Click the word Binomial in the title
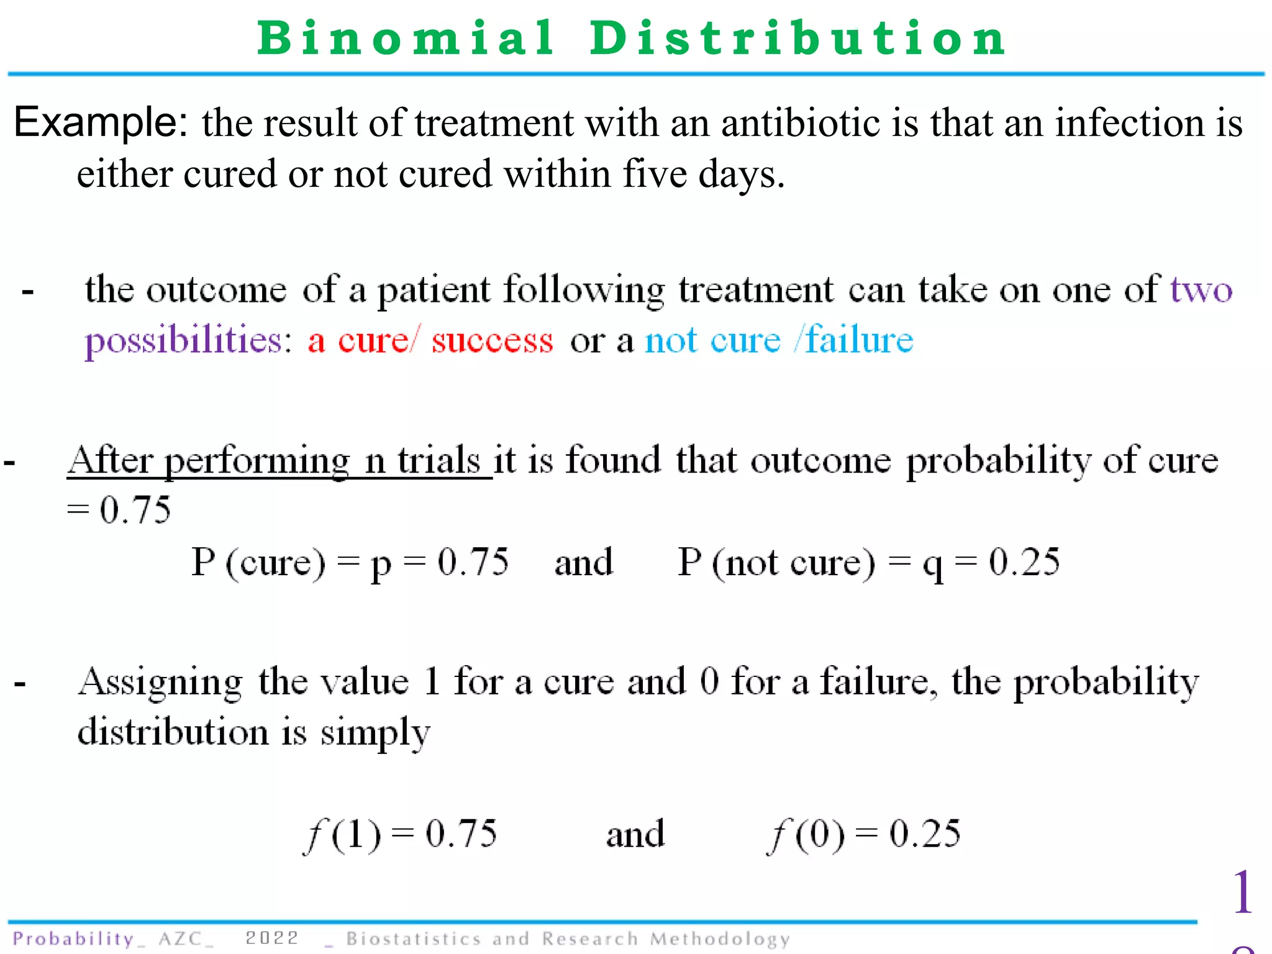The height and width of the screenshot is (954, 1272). pyautogui.click(x=406, y=39)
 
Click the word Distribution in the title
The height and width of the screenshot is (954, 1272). pyautogui.click(x=797, y=39)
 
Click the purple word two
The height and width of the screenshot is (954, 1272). pyautogui.click(x=1201, y=290)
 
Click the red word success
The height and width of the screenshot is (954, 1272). pyautogui.click(x=492, y=341)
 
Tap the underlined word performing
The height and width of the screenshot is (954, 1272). pyautogui.click(x=258, y=462)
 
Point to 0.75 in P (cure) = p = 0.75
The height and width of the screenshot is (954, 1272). pyautogui.click(x=473, y=562)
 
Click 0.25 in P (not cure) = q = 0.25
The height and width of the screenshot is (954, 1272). pyautogui.click(x=1024, y=562)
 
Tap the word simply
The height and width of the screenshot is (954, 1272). pyautogui.click(x=375, y=734)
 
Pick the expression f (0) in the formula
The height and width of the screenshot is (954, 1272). pyautogui.click(x=806, y=834)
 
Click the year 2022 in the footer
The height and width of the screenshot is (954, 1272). pyautogui.click(x=271, y=938)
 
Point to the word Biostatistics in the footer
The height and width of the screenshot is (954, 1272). pyautogui.click(x=414, y=938)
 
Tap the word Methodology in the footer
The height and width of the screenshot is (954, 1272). pyautogui.click(x=720, y=939)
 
